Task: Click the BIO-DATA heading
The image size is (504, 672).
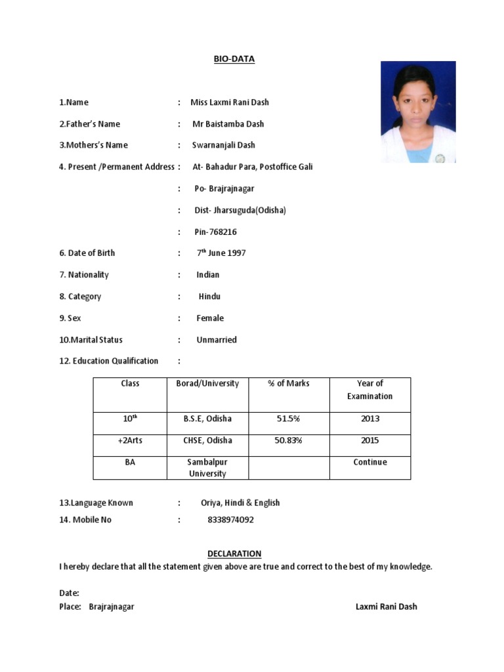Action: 234,59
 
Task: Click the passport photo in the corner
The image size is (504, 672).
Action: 418,112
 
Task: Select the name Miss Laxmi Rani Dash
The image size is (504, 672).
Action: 230,102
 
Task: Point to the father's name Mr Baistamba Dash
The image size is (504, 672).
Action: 228,124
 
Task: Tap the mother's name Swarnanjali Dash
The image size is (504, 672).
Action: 224,145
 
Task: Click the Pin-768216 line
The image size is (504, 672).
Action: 215,232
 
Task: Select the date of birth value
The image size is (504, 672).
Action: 221,253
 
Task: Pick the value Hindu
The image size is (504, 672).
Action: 210,297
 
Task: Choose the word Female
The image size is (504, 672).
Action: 210,318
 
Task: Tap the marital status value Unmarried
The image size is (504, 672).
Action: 217,340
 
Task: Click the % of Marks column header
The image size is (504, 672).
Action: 289,383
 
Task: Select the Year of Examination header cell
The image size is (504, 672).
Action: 370,390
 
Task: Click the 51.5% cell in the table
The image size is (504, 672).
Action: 289,419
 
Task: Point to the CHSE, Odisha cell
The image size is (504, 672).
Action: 207,440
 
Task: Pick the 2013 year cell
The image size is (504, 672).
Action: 370,419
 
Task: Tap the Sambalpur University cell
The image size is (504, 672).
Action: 207,468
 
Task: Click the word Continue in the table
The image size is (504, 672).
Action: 370,462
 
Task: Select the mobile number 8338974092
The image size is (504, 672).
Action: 230,520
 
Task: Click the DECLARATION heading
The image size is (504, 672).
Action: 234,554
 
